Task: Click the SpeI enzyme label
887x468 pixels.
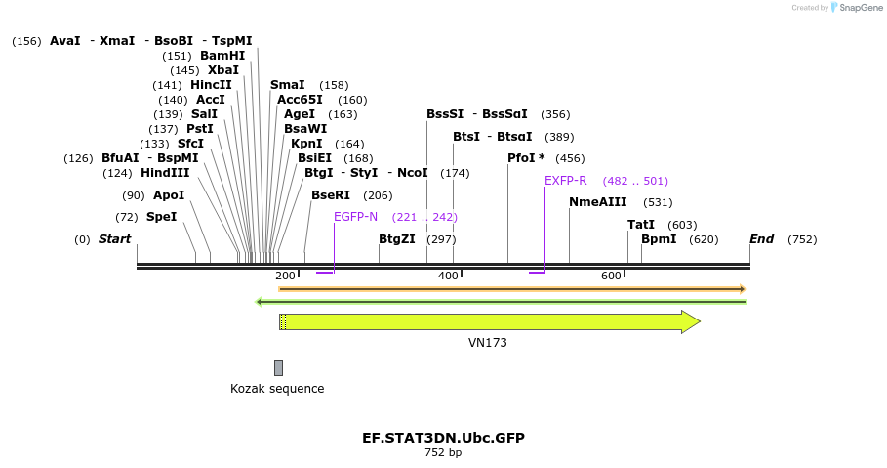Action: tap(161, 217)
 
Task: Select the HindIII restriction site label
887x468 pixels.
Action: tap(165, 173)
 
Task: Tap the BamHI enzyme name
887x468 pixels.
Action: tap(222, 56)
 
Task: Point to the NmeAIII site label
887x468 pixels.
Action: tap(597, 202)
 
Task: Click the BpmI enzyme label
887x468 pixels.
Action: tap(658, 239)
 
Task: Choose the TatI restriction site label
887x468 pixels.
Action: tap(641, 225)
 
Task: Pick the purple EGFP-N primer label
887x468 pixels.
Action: tap(355, 217)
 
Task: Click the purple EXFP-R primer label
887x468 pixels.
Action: tap(566, 181)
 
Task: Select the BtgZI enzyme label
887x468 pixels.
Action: tap(397, 239)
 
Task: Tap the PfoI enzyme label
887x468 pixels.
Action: tap(526, 158)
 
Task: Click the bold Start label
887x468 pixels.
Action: tap(114, 239)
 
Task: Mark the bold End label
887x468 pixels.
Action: tap(761, 239)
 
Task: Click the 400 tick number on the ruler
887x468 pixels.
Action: tap(448, 277)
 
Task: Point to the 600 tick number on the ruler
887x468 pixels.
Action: tap(611, 277)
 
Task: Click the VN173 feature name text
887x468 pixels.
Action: tap(488, 343)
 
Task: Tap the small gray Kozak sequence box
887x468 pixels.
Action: tap(278, 367)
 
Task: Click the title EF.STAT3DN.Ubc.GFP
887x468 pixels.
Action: tap(443, 438)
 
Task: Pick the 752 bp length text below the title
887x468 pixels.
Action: tap(443, 453)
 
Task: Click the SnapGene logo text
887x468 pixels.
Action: tap(856, 8)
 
